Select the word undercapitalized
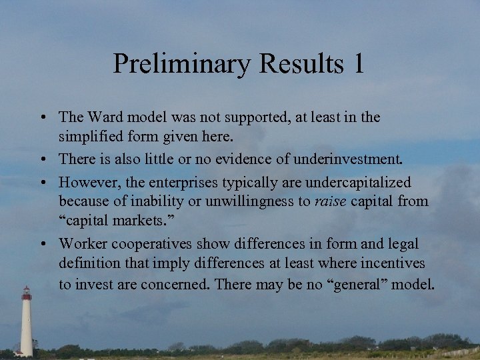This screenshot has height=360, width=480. pos(355,183)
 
